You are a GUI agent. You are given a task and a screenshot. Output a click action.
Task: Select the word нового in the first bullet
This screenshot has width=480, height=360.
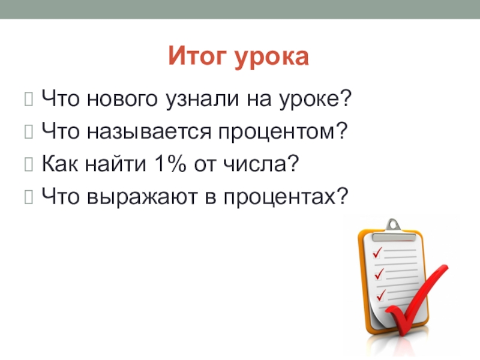click(x=122, y=99)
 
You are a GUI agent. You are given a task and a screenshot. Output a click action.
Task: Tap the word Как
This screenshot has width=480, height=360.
click(x=59, y=163)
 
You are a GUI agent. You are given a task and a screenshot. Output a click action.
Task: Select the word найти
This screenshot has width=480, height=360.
click(x=116, y=163)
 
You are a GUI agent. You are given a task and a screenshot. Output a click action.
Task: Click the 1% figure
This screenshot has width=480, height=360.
click(x=170, y=163)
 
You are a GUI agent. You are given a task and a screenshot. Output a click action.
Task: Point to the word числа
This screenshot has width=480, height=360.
click(x=261, y=163)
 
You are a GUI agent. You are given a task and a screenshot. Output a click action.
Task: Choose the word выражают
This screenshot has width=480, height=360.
click(x=142, y=197)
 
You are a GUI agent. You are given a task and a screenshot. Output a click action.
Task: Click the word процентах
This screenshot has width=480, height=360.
click(x=286, y=197)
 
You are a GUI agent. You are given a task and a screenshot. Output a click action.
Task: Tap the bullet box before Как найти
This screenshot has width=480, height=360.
click(x=28, y=164)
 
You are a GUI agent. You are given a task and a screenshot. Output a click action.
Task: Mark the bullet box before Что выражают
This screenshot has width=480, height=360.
click(x=28, y=197)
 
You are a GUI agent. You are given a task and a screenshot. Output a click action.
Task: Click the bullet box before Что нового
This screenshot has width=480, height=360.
click(x=28, y=99)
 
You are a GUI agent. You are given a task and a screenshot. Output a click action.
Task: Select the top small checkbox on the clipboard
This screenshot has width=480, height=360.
click(x=376, y=254)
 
